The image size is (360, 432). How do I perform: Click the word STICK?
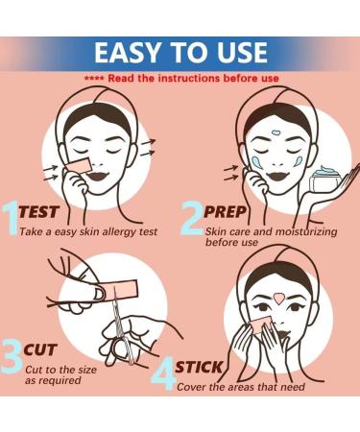click(201, 367)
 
